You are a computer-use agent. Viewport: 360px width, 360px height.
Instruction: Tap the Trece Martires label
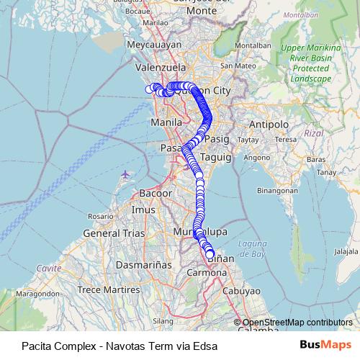108,289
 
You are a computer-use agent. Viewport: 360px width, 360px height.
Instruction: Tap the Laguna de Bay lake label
253,250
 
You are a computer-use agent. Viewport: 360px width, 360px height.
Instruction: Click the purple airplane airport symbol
126,174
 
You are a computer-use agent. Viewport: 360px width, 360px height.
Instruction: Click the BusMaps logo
325,344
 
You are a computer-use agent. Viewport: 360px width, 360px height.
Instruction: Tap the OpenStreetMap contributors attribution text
297,323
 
